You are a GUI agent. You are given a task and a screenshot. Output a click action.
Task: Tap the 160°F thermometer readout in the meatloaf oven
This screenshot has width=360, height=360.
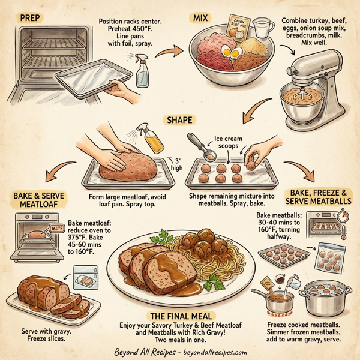tap(56, 228)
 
